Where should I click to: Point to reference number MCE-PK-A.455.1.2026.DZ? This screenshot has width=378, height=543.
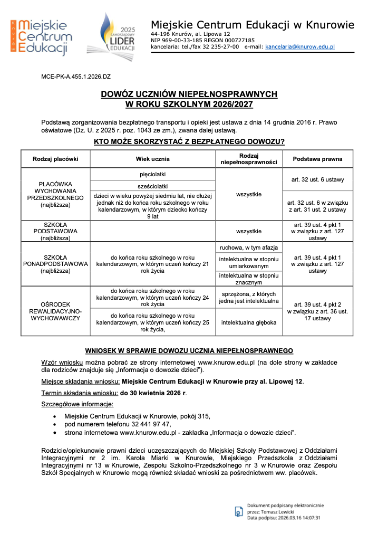76,77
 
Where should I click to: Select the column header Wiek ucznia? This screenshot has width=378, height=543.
152,158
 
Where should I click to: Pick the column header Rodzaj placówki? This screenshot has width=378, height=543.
55,158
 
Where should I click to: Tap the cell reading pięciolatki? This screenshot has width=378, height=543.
152,174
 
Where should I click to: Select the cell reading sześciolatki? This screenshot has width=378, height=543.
152,186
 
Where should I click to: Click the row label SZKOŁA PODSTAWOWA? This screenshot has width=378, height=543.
55,231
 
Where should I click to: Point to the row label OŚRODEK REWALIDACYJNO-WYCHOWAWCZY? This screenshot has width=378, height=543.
55,311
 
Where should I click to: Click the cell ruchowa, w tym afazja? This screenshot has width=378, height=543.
248,247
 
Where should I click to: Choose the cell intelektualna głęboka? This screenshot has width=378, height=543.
248,322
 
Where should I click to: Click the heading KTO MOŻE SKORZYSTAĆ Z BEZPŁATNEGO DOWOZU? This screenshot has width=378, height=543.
189,141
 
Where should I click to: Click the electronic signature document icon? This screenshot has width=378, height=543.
239,511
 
